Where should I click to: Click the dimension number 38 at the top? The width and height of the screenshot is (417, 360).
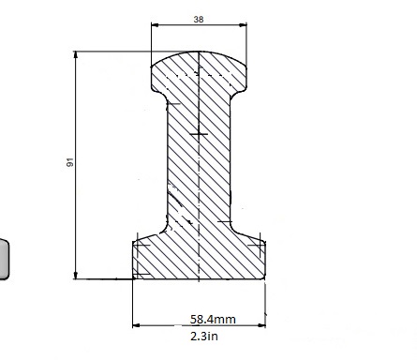[199, 20]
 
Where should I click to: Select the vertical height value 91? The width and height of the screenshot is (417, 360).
[70, 162]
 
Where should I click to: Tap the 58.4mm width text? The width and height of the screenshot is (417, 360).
[213, 319]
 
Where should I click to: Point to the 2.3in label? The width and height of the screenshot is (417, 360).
[204, 337]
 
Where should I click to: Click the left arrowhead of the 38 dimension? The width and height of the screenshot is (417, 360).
[155, 25]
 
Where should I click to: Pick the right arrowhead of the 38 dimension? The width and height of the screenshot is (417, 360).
[243, 25]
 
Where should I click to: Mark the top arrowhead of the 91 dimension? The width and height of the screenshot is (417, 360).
[76, 55]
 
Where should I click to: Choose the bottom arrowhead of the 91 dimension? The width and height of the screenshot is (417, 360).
[76, 275]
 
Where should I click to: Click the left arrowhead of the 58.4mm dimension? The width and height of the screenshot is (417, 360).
[137, 325]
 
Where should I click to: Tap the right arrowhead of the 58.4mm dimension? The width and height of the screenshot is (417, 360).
[261, 325]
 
